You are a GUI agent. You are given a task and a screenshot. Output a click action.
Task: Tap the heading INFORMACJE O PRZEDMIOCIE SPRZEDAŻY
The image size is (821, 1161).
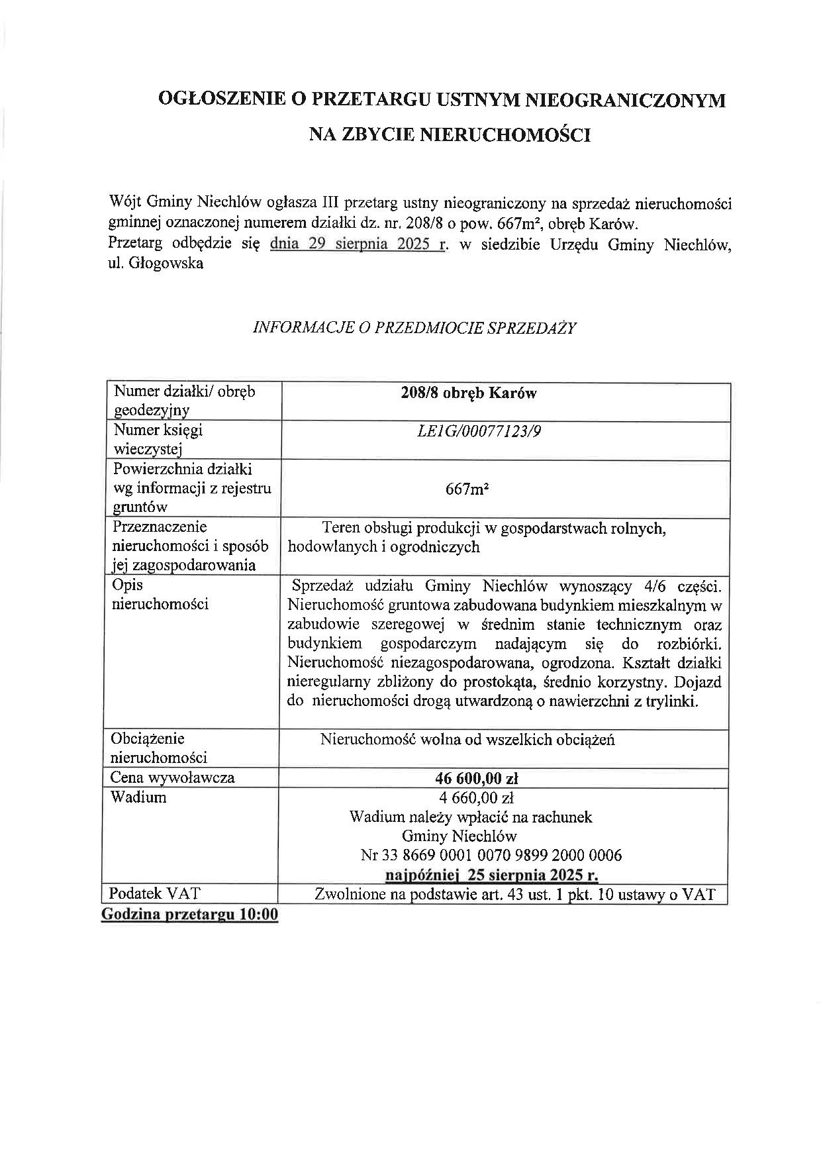415,328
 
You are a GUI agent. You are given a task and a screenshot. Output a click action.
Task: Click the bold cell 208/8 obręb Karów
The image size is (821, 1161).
468,393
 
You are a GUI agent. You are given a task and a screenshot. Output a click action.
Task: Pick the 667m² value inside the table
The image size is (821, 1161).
468,489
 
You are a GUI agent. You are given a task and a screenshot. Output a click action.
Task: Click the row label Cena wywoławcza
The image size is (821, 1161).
172,778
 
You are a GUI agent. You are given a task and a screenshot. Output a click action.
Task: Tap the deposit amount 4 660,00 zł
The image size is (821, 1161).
472,797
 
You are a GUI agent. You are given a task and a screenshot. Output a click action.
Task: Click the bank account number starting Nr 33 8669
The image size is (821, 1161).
491,855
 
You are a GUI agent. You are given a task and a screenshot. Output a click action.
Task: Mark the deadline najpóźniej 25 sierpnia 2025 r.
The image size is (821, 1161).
491,875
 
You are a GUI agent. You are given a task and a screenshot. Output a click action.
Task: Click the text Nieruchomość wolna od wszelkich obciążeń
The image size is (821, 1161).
467,739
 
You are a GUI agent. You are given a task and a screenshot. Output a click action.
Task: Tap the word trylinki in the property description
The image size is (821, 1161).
670,701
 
